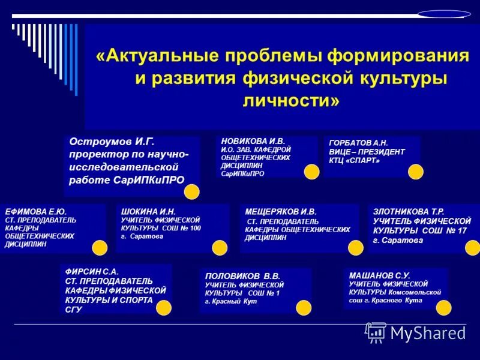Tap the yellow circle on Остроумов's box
(x=191, y=192)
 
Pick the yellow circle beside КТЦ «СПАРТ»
(x=416, y=172)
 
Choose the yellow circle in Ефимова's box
(x=100, y=247)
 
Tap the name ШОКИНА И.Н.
(x=148, y=212)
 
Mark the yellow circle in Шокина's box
(x=220, y=247)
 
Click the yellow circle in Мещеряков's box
(x=356, y=247)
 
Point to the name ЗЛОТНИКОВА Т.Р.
(x=409, y=212)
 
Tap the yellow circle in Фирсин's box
(x=164, y=308)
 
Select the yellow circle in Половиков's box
(x=304, y=308)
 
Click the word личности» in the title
(x=290, y=100)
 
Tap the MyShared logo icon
(x=376, y=331)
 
